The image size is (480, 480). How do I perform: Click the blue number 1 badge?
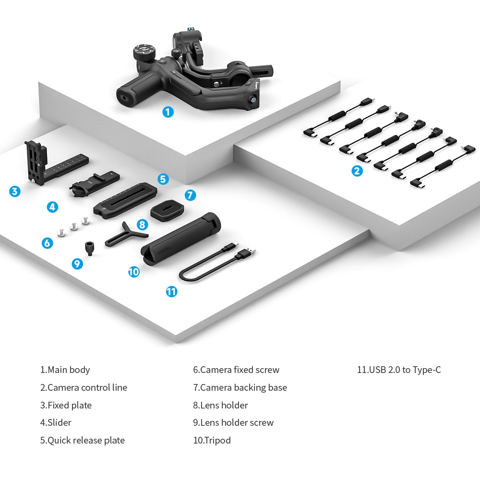[168, 112]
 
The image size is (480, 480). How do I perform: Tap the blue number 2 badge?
[357, 170]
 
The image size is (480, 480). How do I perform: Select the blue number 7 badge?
[191, 195]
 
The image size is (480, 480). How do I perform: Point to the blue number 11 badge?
[171, 291]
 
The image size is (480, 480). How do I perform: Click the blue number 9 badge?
[77, 264]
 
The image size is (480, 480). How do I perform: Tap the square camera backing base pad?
[165, 210]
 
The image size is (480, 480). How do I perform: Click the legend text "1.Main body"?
[65, 370]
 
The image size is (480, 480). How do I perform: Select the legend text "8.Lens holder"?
[220, 405]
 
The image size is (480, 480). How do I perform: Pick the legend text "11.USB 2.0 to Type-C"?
[399, 370]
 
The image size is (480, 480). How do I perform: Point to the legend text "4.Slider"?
[56, 423]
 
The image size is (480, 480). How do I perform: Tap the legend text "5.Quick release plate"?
[82, 440]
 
